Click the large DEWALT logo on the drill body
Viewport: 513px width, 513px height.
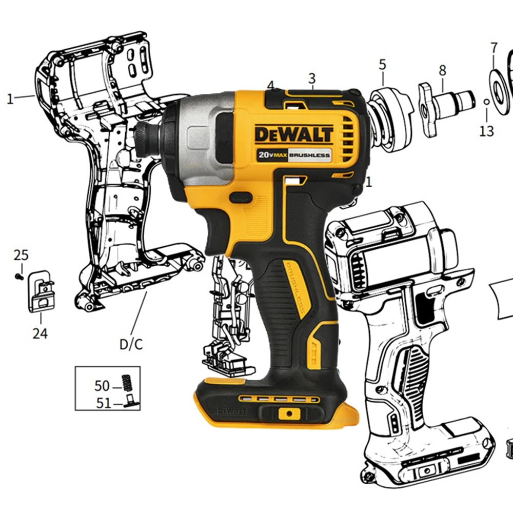[x=294, y=134]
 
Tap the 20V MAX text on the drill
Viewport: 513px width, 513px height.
[x=272, y=155]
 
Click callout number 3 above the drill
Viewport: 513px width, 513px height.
[x=312, y=78]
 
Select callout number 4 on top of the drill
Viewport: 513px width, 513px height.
[x=270, y=85]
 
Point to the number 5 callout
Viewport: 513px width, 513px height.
[x=383, y=65]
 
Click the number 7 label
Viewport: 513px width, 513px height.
[x=494, y=48]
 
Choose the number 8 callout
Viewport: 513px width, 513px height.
[x=442, y=70]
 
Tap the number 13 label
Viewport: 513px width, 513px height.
[x=486, y=131]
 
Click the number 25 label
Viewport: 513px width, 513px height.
[x=21, y=255]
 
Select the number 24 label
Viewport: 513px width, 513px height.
[x=40, y=333]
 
